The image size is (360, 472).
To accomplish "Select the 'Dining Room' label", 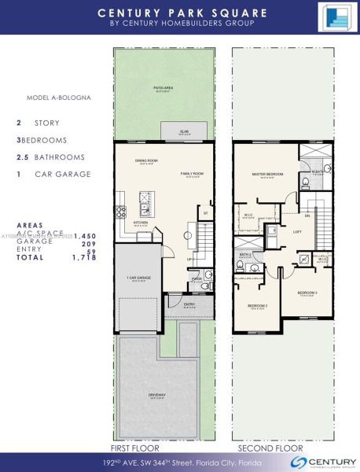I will click(x=146, y=160).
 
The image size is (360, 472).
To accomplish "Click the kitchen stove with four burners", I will click(x=121, y=211).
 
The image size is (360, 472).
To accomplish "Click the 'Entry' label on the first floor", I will click(x=189, y=304).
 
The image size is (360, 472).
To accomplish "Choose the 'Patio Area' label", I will click(x=163, y=90).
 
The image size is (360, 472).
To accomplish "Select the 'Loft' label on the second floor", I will click(x=298, y=232).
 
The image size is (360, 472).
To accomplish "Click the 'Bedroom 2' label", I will click(x=257, y=305).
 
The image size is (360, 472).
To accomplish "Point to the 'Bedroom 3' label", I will click(x=307, y=293).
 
